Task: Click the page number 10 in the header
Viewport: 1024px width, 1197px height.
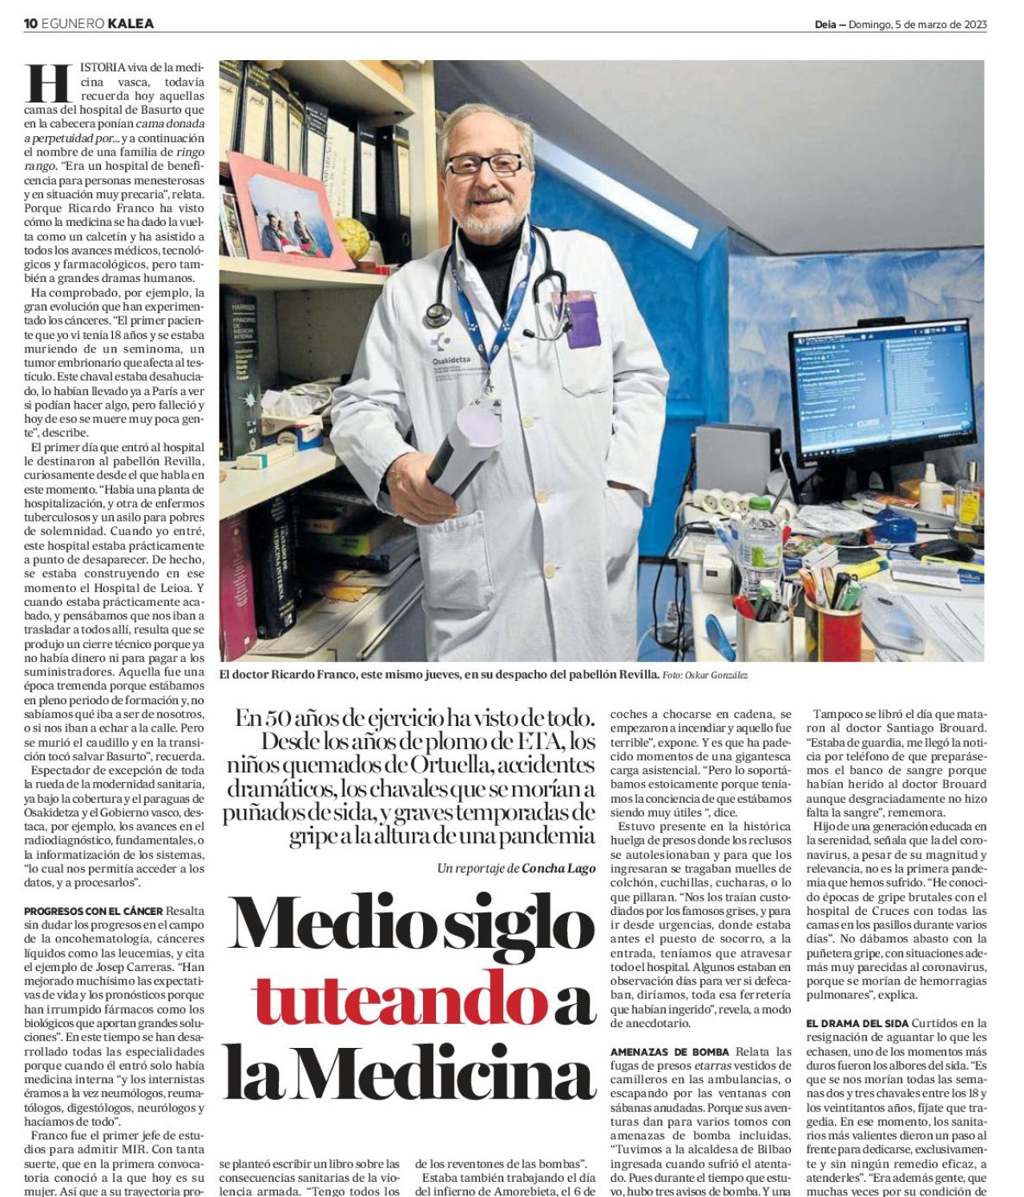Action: tap(30, 23)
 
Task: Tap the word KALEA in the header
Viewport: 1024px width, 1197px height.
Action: tap(131, 23)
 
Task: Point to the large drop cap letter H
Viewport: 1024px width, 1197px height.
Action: tap(50, 84)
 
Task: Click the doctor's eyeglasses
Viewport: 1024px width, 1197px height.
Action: tap(484, 164)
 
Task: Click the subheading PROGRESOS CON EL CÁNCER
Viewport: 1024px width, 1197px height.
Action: tap(93, 911)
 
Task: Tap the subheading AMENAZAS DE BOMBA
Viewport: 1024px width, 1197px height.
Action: tap(669, 1051)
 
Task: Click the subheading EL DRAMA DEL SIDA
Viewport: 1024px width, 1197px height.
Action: tap(857, 1023)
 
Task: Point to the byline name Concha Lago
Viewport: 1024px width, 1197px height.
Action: tap(558, 868)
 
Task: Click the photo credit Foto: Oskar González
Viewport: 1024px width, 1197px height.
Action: tap(704, 675)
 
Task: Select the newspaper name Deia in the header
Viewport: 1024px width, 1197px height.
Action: tap(825, 24)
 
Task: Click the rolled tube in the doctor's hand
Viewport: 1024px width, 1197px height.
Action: tap(468, 449)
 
